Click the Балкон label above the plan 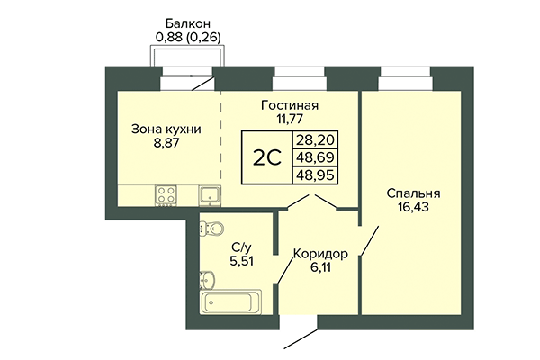click(x=188, y=23)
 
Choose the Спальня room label click(x=413, y=193)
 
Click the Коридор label click(x=320, y=253)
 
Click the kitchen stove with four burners click(x=166, y=193)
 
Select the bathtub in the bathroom click(x=231, y=301)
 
